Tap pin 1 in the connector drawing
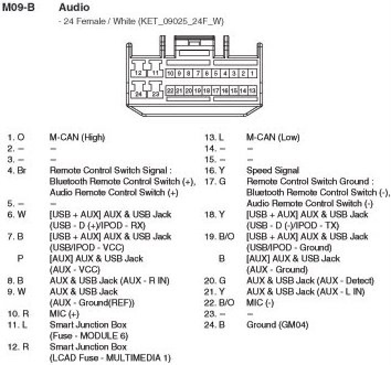(252, 73)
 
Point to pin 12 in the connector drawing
(138, 73)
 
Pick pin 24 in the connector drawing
(138, 94)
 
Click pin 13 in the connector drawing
(252, 90)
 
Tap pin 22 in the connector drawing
(171, 90)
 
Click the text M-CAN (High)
(77, 137)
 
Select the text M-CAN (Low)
(273, 137)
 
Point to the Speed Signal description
(272, 170)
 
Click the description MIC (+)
(65, 314)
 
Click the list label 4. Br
(16, 170)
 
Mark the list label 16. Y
(213, 170)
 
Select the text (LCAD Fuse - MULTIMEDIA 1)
(109, 358)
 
